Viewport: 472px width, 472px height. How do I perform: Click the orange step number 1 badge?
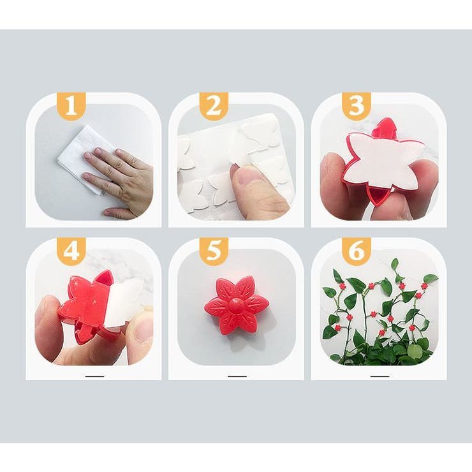[71, 106]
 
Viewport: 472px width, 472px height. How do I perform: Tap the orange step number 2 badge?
[214, 106]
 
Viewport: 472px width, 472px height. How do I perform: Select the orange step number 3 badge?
[357, 106]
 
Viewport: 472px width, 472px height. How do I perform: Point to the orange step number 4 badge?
[71, 251]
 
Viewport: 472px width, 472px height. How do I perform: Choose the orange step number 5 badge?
[214, 251]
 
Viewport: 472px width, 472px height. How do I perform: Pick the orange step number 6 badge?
[357, 251]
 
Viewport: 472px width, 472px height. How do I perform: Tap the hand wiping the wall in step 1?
[121, 181]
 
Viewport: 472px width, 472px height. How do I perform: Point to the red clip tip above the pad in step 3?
[386, 128]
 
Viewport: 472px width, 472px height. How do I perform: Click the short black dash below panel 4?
[94, 376]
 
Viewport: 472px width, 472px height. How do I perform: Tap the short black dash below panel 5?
[237, 376]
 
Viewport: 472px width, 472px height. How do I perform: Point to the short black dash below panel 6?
[380, 376]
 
